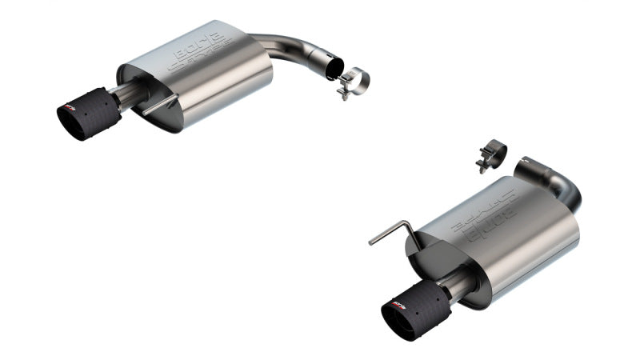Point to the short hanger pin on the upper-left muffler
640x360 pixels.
(161, 106)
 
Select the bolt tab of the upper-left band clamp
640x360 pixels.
(344, 92)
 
